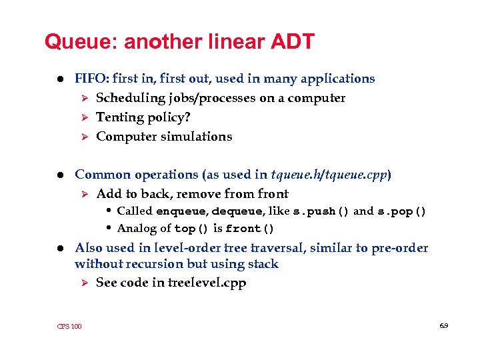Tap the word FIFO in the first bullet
pos(89,79)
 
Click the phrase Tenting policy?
pos(139,117)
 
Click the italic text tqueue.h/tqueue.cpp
pos(329,175)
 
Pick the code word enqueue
pos(181,212)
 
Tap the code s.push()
pos(321,212)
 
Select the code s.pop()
pos(402,212)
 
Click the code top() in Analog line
pos(185,229)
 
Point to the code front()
pos(250,229)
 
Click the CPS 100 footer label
pos(69,326)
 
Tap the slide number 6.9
pos(443,325)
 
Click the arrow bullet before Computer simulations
pos(84,137)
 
